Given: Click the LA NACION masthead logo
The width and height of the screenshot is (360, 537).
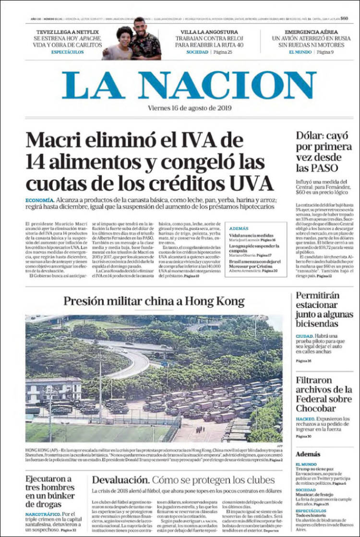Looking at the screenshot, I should pos(189,85).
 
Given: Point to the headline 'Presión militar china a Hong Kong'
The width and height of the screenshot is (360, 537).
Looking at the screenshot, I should pos(154,301).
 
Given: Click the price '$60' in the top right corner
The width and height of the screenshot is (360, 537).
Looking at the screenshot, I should pos(344,18).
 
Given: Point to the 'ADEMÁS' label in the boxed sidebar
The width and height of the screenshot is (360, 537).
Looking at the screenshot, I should pos(239,229).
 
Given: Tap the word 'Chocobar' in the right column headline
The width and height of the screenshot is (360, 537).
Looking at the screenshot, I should pos(316,408).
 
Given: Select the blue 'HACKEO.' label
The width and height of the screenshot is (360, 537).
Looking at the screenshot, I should pos(305,418).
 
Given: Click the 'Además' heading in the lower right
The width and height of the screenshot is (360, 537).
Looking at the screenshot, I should pos(308,453).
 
